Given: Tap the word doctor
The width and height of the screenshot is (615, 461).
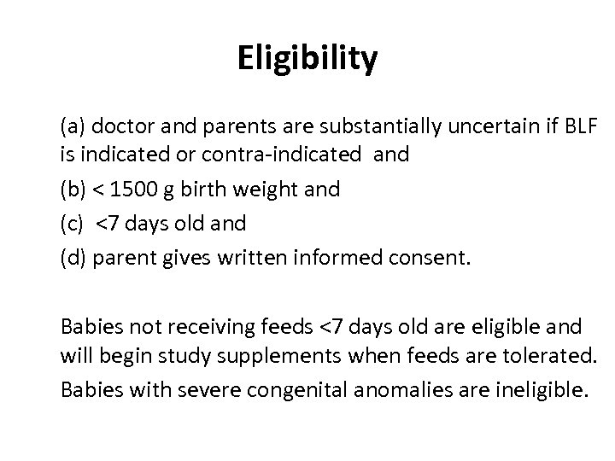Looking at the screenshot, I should [x=114, y=129].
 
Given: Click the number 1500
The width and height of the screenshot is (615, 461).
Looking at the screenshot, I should [x=139, y=189].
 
